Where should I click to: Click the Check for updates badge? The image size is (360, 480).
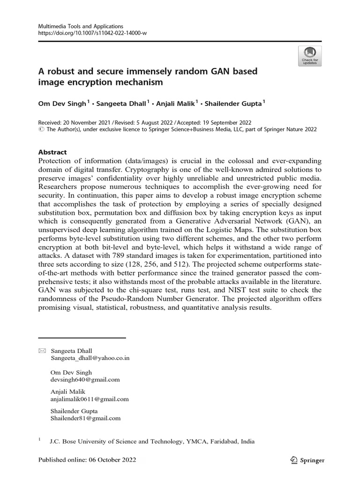coord(309,55)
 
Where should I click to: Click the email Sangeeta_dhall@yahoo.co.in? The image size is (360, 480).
coord(90,358)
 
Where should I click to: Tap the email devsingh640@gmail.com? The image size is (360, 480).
coord(85,379)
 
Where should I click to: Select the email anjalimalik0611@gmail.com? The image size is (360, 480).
coord(89,399)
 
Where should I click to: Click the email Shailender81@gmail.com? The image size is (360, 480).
coord(85,418)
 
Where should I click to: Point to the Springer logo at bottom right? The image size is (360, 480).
coord(307,460)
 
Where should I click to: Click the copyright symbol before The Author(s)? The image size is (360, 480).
coord(41,130)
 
